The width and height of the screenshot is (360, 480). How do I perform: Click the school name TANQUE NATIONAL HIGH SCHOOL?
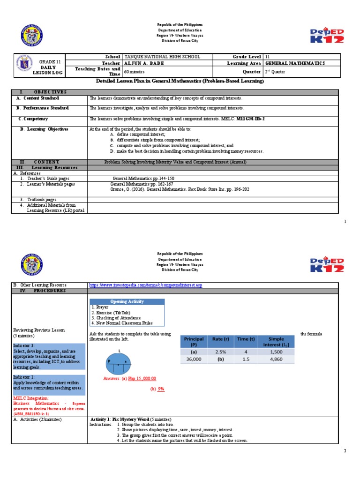pos(162,56)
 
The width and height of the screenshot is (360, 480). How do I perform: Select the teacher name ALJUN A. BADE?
pos(145,63)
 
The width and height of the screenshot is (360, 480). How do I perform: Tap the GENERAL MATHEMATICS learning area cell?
pos(295,63)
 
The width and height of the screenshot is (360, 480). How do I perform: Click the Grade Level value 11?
pos(268,56)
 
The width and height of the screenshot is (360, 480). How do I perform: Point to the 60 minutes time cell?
pos(136,72)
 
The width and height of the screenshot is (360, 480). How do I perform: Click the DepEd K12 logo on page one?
pos(327,35)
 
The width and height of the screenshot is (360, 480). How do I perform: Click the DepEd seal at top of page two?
pos(34,264)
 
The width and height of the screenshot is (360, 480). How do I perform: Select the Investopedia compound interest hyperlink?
pos(145,285)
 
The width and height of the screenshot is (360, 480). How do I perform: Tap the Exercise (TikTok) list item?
pos(111,312)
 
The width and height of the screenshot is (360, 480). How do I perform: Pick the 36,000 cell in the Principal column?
pos(194,360)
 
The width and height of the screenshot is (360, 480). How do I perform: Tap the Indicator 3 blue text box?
pos(49,356)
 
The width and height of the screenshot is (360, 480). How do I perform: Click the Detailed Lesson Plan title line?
pos(180,82)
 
